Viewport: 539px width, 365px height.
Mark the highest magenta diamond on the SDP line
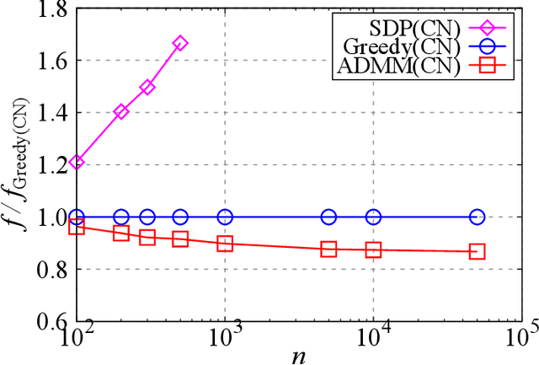[x=179, y=43]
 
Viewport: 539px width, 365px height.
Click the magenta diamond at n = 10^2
[x=77, y=162]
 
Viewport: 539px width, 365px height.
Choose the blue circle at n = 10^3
[x=225, y=217]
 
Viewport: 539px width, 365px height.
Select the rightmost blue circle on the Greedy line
[x=478, y=217]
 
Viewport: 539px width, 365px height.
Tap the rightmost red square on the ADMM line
[x=478, y=251]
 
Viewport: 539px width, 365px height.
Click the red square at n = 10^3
[x=225, y=243]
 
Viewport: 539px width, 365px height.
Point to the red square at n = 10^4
[x=373, y=250]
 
